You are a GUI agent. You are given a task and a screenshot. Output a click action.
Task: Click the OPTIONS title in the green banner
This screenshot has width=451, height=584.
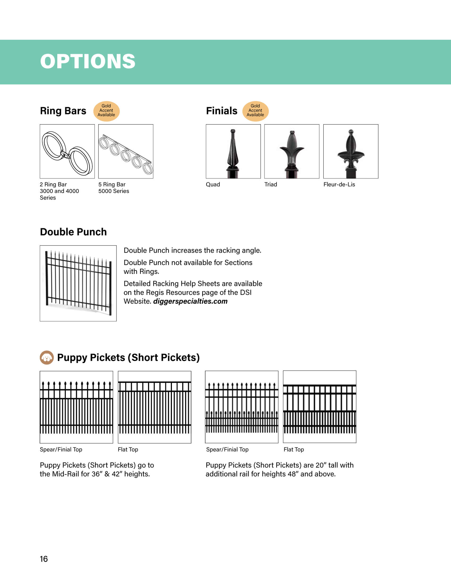[88, 61]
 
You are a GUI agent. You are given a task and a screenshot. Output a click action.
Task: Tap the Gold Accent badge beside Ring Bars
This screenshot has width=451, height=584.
[106, 111]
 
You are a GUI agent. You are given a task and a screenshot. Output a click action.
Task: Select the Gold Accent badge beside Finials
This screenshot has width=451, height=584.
[255, 111]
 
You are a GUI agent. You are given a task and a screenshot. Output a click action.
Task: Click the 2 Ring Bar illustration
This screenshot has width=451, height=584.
[67, 151]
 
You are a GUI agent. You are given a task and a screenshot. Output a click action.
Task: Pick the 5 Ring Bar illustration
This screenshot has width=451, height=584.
[125, 151]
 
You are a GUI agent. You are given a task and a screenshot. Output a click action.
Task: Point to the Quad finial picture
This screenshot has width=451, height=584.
[233, 151]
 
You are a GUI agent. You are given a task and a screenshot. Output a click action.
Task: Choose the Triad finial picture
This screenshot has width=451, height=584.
[292, 151]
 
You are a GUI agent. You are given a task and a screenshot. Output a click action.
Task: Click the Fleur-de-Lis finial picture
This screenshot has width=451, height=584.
[350, 151]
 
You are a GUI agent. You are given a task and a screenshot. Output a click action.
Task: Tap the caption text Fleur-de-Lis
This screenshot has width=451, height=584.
[339, 184]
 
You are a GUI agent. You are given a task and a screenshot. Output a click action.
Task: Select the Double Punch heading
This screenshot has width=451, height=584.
[73, 232]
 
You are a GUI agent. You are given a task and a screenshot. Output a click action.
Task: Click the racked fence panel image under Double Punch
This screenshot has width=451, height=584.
[78, 283]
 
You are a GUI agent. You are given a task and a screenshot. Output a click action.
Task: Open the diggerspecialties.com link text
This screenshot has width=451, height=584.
[190, 301]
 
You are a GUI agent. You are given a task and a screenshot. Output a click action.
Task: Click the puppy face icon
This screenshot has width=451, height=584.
[47, 357]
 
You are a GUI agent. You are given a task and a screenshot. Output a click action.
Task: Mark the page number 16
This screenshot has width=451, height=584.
[44, 559]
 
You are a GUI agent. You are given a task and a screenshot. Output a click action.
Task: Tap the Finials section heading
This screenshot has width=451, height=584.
[222, 111]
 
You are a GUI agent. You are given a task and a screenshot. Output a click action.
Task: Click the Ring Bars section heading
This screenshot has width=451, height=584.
[63, 111]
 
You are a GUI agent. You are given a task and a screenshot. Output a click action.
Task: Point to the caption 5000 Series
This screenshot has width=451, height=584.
[114, 191]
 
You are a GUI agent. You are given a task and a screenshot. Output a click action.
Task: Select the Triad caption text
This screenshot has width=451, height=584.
[271, 184]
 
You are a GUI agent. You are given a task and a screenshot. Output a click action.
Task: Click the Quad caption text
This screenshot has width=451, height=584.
[213, 184]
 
